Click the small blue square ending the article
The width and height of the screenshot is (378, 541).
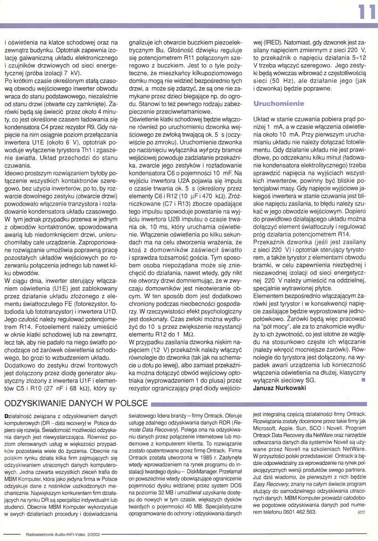[x=362, y=379]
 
